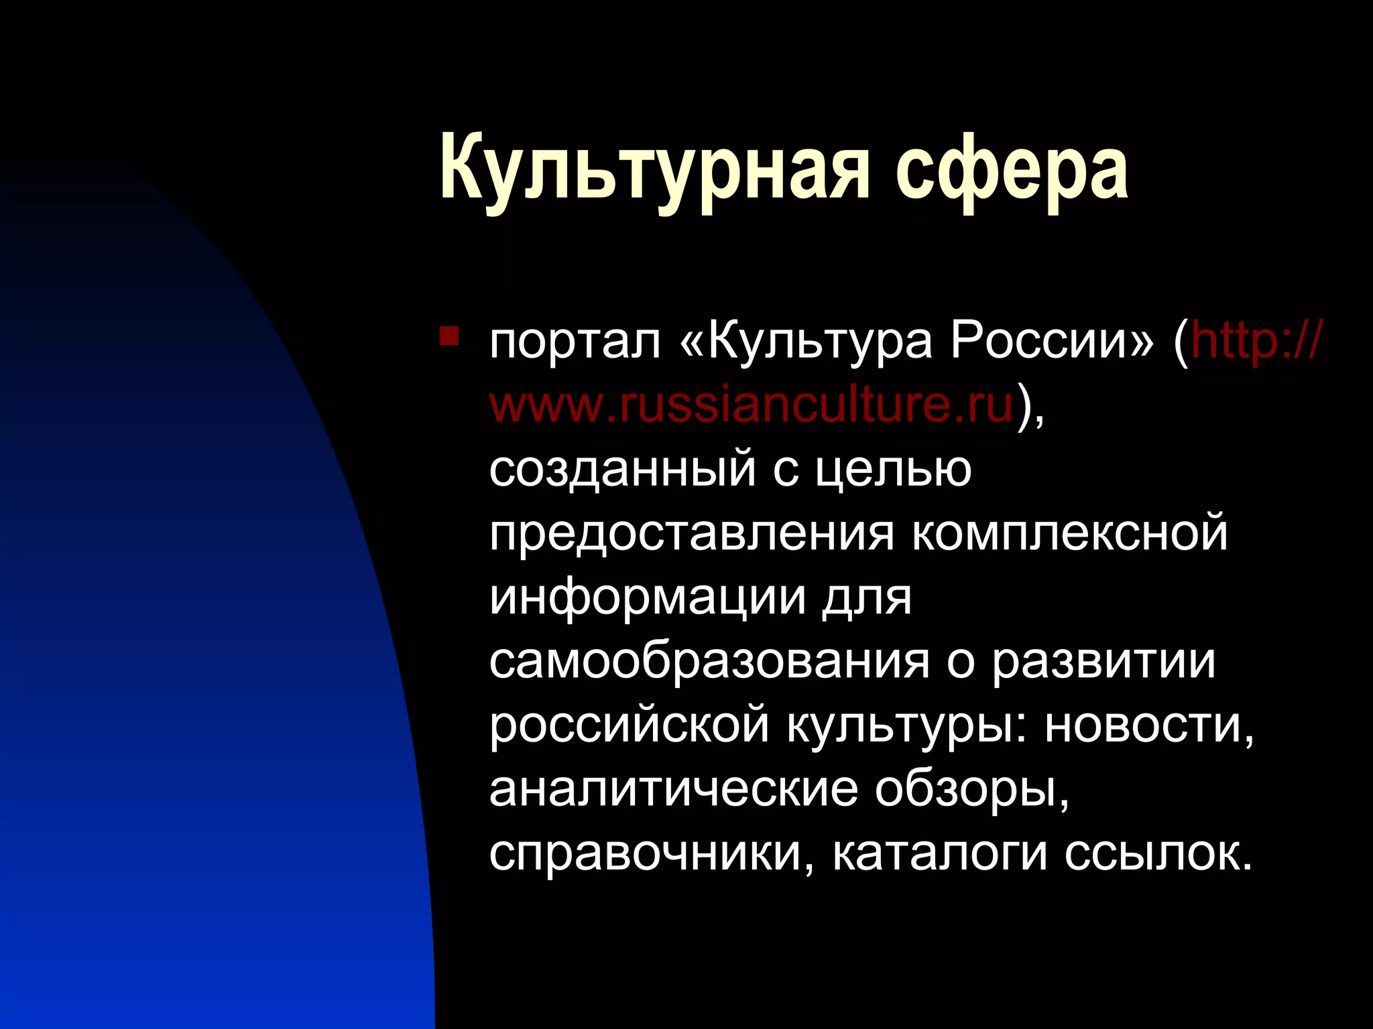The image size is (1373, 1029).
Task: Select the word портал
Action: point(575,342)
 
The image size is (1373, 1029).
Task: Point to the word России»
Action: point(1052,342)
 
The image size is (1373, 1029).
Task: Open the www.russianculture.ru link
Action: point(751,405)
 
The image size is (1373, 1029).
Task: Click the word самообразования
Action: point(709,661)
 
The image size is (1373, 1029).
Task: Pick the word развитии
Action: point(1103,661)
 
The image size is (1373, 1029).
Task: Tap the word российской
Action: point(629,726)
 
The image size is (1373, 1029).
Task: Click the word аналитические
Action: point(673,789)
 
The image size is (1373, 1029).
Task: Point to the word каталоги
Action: point(939,853)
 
